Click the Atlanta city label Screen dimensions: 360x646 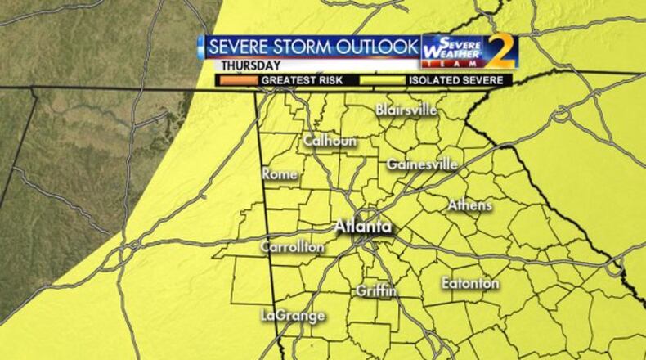(363, 227)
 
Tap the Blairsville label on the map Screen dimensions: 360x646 (406, 110)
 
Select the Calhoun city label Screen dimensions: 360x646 (330, 141)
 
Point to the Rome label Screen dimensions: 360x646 (279, 173)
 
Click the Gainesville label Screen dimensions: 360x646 (421, 164)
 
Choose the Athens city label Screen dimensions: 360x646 (469, 205)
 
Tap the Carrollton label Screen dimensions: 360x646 (292, 246)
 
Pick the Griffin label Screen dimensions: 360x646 (376, 290)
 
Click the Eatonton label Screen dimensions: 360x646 (470, 283)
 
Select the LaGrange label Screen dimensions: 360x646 (293, 315)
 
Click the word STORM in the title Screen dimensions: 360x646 (305, 46)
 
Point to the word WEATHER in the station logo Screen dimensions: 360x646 (451, 52)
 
